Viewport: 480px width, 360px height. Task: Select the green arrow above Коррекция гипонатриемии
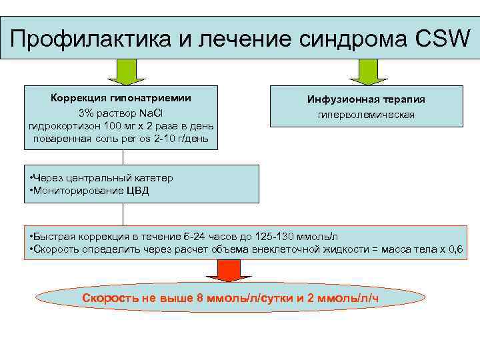point(124,71)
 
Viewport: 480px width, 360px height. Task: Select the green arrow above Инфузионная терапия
point(365,71)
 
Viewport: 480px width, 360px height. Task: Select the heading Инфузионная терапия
point(365,99)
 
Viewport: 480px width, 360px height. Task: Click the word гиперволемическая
point(365,115)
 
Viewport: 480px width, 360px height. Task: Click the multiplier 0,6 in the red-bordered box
point(457,250)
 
